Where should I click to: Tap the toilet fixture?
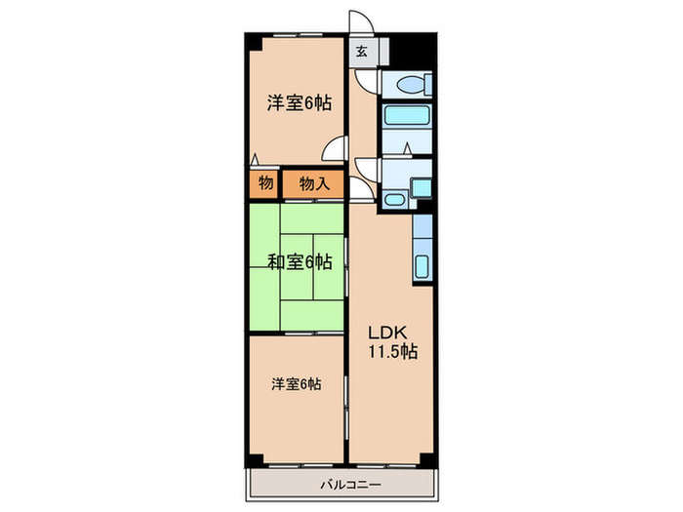tap(412, 85)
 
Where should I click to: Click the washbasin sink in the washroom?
tap(395, 200)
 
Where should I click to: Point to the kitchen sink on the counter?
tap(422, 264)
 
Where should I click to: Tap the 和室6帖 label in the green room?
tap(300, 261)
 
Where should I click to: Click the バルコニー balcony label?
tap(341, 485)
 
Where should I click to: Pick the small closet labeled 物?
tap(264, 182)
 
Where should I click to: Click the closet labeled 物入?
tap(313, 182)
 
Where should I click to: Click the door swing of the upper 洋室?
tap(335, 149)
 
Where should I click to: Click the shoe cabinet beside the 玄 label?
tap(382, 52)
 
